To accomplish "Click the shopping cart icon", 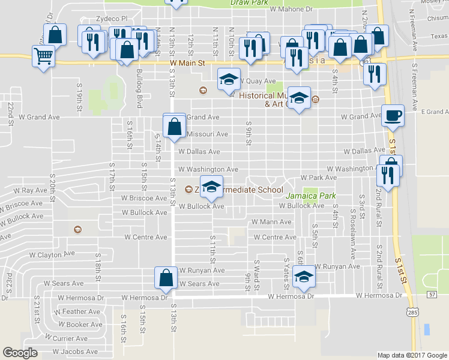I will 44,57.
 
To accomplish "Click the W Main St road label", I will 188,62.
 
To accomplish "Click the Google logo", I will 20,353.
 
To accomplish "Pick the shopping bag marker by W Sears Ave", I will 166,277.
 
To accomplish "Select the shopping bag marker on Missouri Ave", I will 174,126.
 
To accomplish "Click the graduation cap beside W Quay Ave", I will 228,80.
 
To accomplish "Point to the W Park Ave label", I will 319,178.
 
